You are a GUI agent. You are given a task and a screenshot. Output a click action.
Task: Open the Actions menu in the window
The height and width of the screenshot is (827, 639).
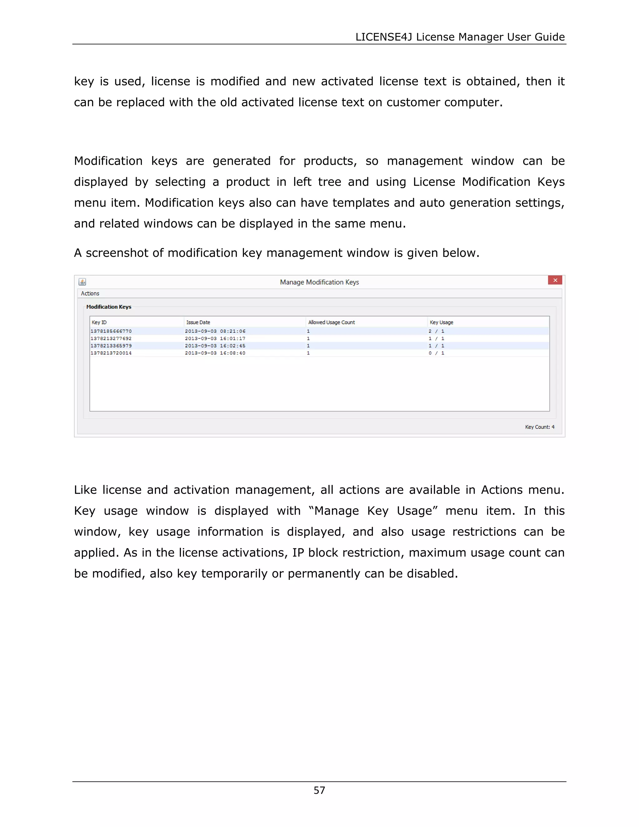point(90,293)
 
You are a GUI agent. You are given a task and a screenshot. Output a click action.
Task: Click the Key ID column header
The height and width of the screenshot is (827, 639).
point(99,322)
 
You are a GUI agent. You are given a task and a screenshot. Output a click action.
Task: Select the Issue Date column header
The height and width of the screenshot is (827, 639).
point(198,322)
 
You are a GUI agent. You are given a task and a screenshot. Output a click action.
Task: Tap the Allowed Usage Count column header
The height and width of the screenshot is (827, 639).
point(331,322)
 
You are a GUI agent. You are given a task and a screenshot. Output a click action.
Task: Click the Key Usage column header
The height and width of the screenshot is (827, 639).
point(441,322)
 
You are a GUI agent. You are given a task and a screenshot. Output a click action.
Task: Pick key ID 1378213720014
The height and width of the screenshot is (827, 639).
point(111,353)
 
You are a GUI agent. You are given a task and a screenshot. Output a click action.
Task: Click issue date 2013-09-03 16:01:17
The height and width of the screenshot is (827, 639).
point(215,339)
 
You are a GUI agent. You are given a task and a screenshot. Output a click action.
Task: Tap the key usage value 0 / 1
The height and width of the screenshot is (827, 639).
point(436,353)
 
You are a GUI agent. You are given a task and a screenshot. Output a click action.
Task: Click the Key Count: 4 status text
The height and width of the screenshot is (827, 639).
point(539,427)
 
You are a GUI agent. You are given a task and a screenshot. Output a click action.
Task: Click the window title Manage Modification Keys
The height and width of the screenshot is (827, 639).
point(319,282)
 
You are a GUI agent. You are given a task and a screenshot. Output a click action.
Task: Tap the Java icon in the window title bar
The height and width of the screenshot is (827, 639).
point(82,282)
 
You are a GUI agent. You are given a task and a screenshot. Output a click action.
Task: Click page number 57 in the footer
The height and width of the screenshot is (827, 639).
point(319,790)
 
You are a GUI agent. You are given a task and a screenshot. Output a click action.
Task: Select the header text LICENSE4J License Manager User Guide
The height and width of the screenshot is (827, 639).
point(460,37)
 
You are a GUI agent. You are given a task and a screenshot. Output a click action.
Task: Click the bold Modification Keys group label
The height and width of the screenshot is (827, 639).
point(109,307)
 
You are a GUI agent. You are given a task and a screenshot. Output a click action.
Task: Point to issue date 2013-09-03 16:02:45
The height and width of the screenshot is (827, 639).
point(215,346)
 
